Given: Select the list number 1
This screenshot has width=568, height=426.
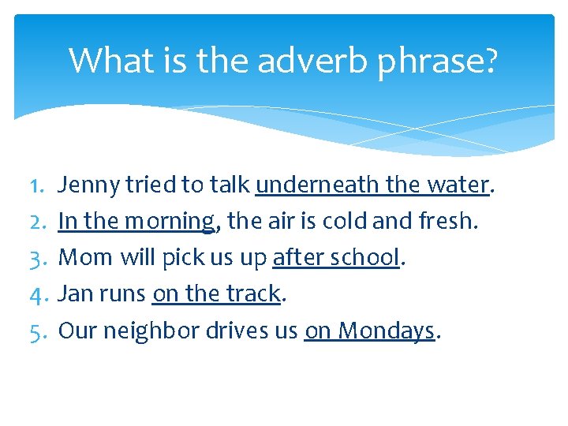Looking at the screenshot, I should [x=38, y=185].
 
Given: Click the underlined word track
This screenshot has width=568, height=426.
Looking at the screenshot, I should [x=252, y=294].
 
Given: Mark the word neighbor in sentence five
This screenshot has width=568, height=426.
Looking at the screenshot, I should [x=151, y=331].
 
